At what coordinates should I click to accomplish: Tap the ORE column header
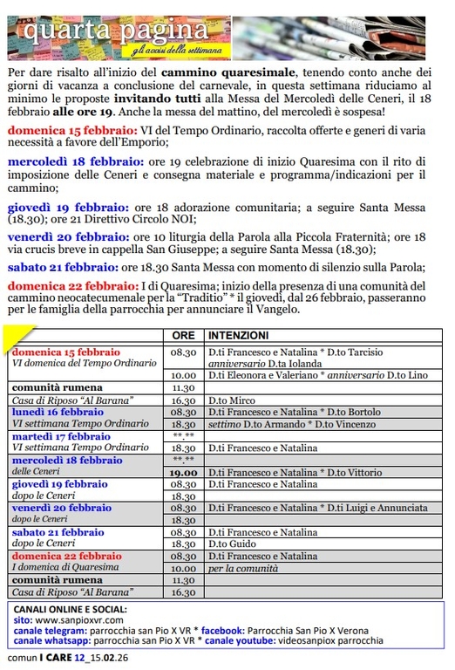(x=183, y=335)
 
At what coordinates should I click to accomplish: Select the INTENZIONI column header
(x=237, y=335)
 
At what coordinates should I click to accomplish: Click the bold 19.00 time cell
(x=183, y=472)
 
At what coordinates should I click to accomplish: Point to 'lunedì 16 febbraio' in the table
(x=58, y=412)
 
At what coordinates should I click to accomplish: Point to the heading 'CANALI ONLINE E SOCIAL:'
(x=71, y=608)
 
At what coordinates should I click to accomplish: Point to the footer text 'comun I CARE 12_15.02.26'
(x=63, y=657)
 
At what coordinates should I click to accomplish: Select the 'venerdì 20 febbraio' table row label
(x=61, y=508)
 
